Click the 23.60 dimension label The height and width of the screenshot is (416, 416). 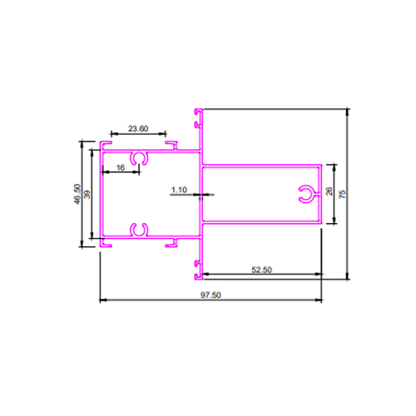[138, 129]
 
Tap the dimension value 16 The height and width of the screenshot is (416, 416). [121, 167]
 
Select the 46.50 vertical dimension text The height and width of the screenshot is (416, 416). [77, 194]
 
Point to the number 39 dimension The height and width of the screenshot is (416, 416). [87, 194]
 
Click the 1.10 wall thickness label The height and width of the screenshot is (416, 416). [179, 190]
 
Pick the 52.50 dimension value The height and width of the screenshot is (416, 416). [261, 270]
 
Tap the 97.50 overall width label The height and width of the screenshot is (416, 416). [210, 295]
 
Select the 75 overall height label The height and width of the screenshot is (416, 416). [343, 194]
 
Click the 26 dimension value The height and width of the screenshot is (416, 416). [329, 191]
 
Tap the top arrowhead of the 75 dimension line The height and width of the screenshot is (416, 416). [348, 111]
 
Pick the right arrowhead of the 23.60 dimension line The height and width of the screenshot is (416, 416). [163, 134]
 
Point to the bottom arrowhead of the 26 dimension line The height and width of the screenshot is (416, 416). [334, 220]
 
